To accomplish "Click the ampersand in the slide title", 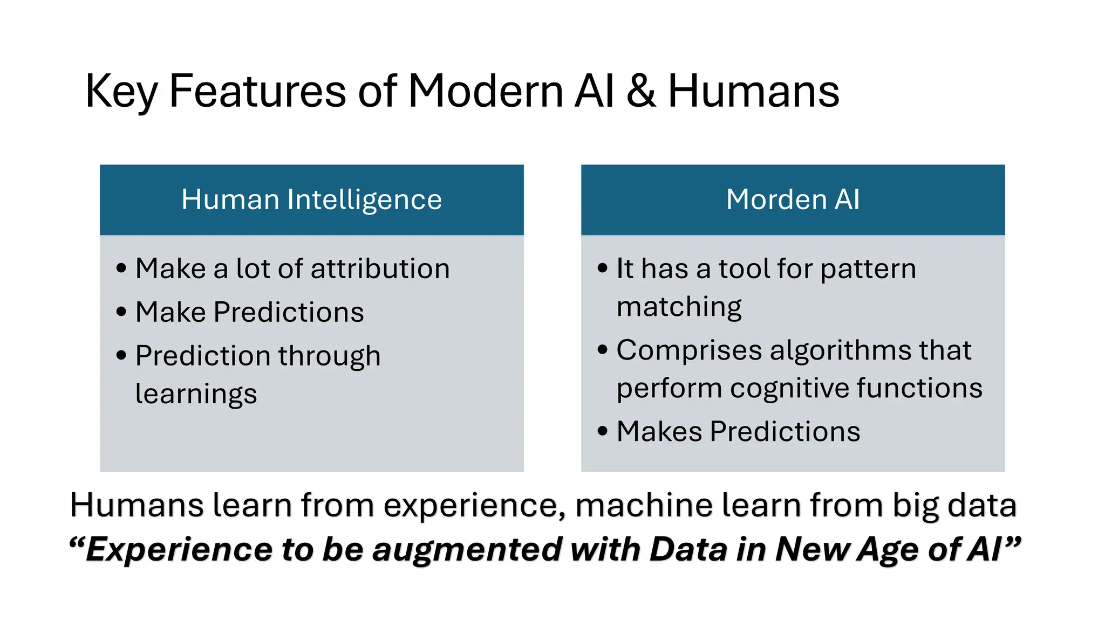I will click(x=640, y=91).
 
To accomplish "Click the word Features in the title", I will click(x=257, y=91).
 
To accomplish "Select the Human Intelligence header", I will click(x=311, y=199).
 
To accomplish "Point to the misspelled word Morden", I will click(x=776, y=199).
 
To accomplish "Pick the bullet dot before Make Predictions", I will click(x=121, y=312).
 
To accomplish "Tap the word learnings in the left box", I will click(x=196, y=394).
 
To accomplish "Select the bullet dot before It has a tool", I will click(x=603, y=268).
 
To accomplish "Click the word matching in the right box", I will click(x=679, y=307).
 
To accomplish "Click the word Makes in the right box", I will click(x=658, y=431).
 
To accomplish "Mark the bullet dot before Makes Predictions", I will click(x=603, y=431).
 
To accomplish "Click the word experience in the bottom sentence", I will click(x=474, y=506).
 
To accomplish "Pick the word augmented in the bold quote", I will click(x=467, y=550).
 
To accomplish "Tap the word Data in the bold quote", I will click(x=688, y=549).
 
